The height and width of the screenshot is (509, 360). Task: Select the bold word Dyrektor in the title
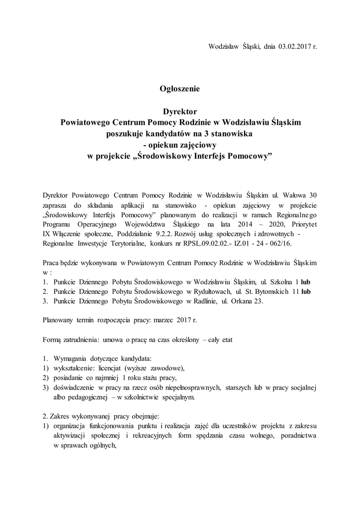[180, 111]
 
